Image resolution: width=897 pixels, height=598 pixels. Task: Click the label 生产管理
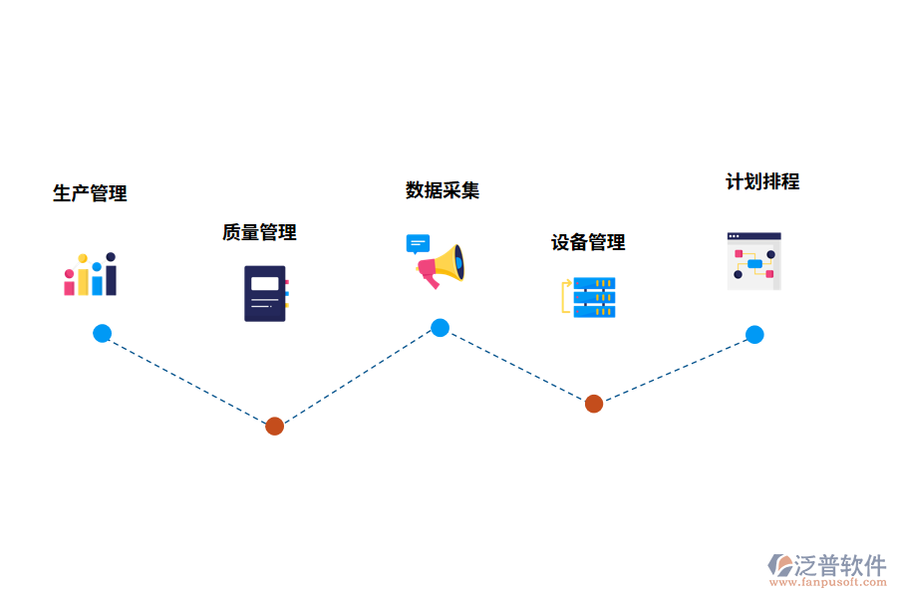pos(90,193)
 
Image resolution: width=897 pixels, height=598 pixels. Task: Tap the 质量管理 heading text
pos(260,232)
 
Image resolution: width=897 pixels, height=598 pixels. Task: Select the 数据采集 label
pos(443,190)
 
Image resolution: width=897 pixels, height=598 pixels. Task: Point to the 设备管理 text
pos(588,242)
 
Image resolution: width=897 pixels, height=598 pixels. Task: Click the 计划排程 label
pos(762,182)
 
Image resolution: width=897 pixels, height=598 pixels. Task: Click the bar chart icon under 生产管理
pos(91,274)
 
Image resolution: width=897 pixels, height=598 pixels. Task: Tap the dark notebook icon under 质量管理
pos(266,294)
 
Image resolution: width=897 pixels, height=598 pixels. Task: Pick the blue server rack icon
pos(589,297)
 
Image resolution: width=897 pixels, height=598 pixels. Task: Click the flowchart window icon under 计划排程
pos(754,261)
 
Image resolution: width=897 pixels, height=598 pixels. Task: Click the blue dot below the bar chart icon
pos(103,333)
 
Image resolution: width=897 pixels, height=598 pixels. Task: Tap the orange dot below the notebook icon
pos(275,426)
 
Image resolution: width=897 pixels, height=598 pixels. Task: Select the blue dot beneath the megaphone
pos(440,327)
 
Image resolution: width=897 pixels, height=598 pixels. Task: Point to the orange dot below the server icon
pos(594,404)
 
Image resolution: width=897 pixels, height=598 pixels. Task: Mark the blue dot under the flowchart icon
pos(754,334)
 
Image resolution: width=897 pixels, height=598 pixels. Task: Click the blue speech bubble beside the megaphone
pos(418,244)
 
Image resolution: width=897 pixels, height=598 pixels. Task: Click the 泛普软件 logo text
pos(840,565)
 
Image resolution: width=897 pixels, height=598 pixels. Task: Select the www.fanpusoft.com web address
pos(828,582)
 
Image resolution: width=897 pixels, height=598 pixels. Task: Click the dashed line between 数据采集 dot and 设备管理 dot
pos(517,366)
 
